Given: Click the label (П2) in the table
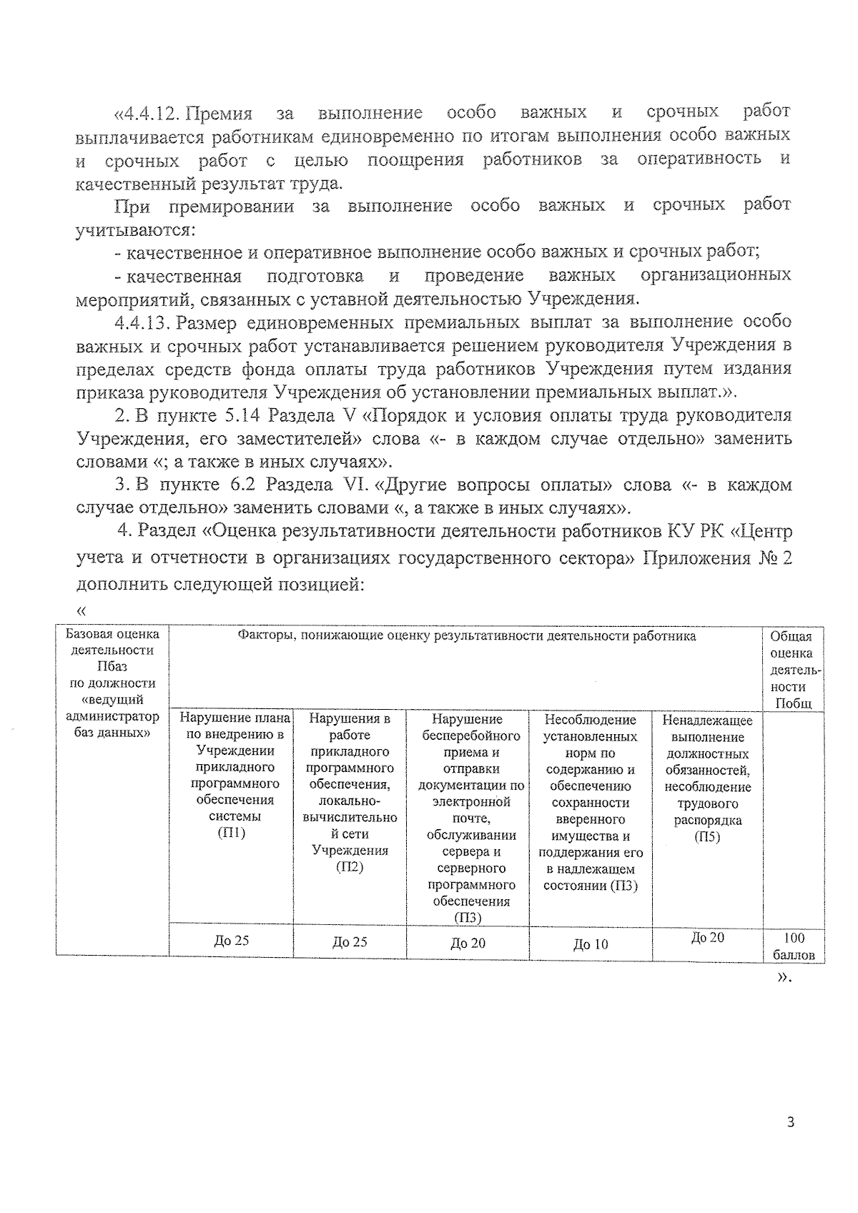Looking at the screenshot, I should (x=350, y=867).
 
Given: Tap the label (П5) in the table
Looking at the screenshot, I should (x=707, y=837).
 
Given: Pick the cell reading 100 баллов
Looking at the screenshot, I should (x=794, y=946).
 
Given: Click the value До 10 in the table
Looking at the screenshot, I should (x=590, y=944).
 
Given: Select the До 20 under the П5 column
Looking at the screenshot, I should (x=707, y=937).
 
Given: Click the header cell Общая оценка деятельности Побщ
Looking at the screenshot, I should (x=794, y=670).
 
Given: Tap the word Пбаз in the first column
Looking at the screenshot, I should (x=112, y=666).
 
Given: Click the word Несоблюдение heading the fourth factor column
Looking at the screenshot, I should (x=590, y=720).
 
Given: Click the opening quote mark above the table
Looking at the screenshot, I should (x=80, y=610).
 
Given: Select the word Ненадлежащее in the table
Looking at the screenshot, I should (x=707, y=721).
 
